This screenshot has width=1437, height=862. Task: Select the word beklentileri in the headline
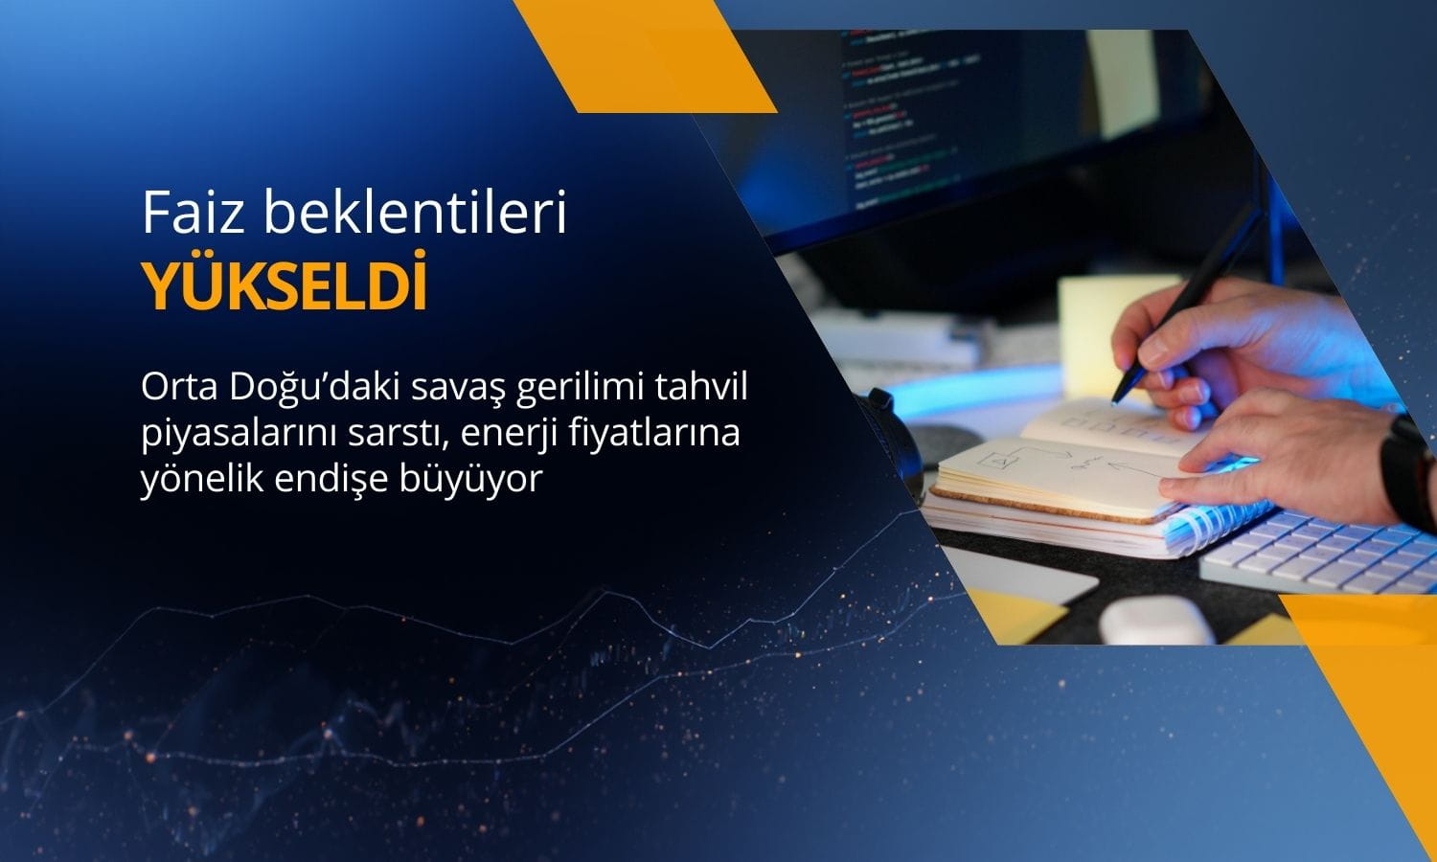point(415,213)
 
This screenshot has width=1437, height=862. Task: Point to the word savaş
point(454,390)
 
